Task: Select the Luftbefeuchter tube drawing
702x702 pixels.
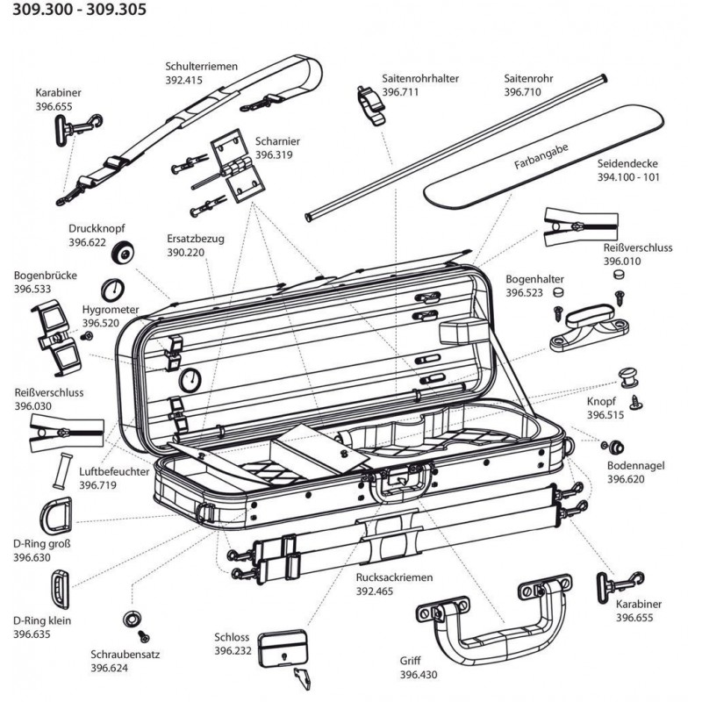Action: coord(63,471)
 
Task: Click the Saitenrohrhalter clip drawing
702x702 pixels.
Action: coord(369,102)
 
